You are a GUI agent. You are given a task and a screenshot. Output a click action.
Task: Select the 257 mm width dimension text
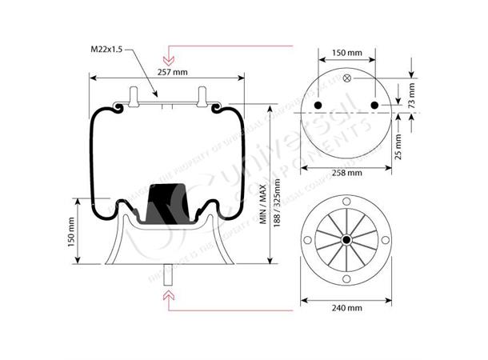click(x=173, y=71)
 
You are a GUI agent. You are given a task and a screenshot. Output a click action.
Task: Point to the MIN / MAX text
click(x=262, y=204)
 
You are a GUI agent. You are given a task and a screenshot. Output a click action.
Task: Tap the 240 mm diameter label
click(x=346, y=307)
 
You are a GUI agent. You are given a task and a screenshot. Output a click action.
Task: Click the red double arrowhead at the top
click(x=168, y=59)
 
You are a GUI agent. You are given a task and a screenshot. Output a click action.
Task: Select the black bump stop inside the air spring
click(x=170, y=202)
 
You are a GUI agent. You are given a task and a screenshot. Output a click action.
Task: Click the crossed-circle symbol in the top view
click(x=346, y=78)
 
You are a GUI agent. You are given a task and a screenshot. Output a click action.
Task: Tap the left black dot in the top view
click(x=318, y=106)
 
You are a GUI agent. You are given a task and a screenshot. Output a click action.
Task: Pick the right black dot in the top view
click(x=375, y=106)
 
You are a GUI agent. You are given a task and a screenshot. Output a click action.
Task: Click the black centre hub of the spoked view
click(x=346, y=240)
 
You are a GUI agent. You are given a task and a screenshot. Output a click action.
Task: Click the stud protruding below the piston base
click(x=168, y=271)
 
